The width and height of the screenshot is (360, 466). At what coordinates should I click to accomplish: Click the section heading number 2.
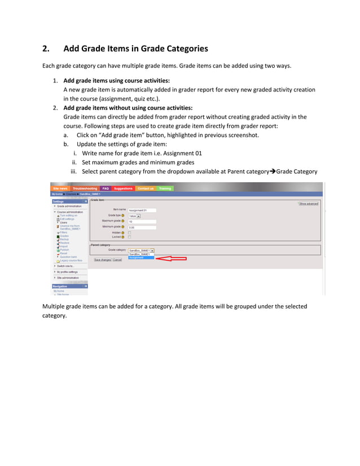47,49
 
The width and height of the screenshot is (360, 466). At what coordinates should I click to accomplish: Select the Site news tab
60,188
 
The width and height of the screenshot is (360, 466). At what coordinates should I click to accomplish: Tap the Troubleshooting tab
85,188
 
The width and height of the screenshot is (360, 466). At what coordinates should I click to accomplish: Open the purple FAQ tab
106,188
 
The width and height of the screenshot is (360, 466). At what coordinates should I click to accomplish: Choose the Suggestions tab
123,188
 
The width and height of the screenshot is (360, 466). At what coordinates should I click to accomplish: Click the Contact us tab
146,188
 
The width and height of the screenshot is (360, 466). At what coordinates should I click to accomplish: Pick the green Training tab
165,188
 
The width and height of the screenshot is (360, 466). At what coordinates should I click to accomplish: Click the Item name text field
142,210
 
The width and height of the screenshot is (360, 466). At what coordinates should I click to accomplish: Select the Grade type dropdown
134,216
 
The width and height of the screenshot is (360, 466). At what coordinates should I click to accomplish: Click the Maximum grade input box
142,221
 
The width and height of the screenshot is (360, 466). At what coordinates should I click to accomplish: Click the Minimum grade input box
142,227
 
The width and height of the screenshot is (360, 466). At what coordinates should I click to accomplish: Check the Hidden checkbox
129,232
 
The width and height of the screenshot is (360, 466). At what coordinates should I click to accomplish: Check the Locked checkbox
129,237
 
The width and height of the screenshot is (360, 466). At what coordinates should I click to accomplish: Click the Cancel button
117,260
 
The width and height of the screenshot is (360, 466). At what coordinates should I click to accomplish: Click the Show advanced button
309,204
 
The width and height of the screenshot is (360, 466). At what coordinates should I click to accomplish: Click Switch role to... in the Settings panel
66,266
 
